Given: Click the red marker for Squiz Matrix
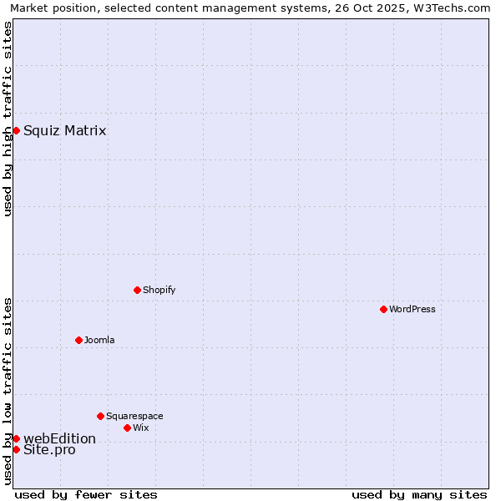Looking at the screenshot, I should point(16,130).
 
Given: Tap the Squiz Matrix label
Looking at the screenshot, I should point(64,130).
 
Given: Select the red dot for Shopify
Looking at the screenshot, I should point(137,290).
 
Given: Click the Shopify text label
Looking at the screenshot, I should point(159,290).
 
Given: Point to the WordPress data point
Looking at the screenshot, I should point(383,309).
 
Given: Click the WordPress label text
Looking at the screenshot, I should point(412,309).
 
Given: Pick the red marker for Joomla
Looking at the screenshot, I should point(78,340).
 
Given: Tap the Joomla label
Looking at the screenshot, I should point(99,340).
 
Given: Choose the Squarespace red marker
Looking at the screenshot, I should point(100,416).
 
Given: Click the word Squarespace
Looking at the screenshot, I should point(134,416).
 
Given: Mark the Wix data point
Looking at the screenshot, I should point(127,428).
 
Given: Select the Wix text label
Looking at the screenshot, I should point(140,428).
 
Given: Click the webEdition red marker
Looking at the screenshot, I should point(16,438).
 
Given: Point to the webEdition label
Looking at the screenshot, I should point(59,438).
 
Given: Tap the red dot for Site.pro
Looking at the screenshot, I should point(16,449).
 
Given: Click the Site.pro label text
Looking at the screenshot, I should point(49,450).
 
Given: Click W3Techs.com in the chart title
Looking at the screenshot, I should point(451,8).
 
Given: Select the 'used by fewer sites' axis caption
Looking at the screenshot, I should point(86,494).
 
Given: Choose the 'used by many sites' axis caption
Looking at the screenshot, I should point(419,494).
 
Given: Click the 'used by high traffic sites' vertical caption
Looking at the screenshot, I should point(8,119).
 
